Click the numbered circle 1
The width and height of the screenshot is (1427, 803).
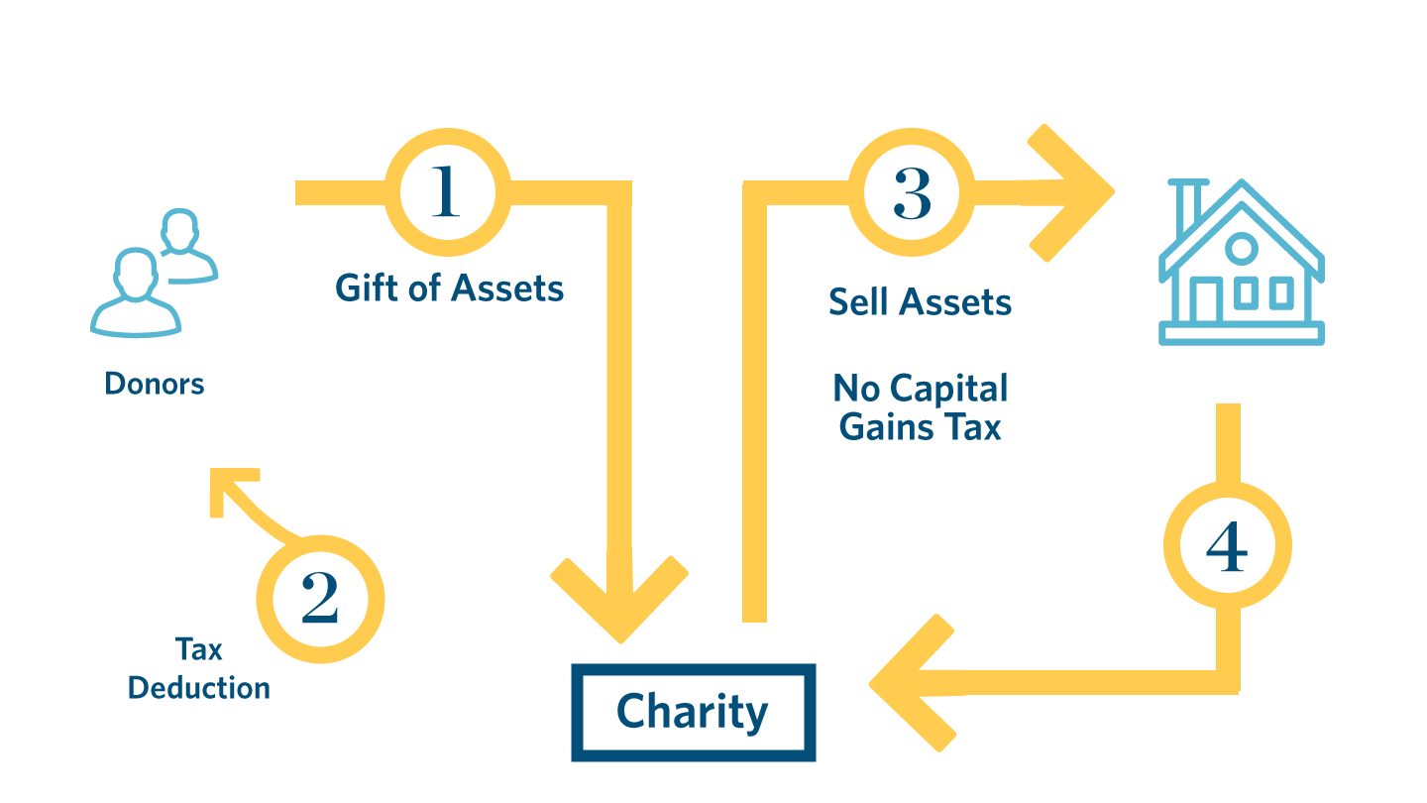point(447,191)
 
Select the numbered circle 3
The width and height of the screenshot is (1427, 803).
point(912,192)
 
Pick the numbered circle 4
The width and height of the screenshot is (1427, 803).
point(1227,545)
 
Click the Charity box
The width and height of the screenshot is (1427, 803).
point(693,712)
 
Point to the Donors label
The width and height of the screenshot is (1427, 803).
point(155,384)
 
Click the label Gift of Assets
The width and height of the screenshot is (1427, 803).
point(449,288)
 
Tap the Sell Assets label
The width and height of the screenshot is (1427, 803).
point(920,301)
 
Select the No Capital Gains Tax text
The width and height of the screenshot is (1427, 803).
point(920,406)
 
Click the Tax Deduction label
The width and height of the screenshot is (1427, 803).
point(199,668)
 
